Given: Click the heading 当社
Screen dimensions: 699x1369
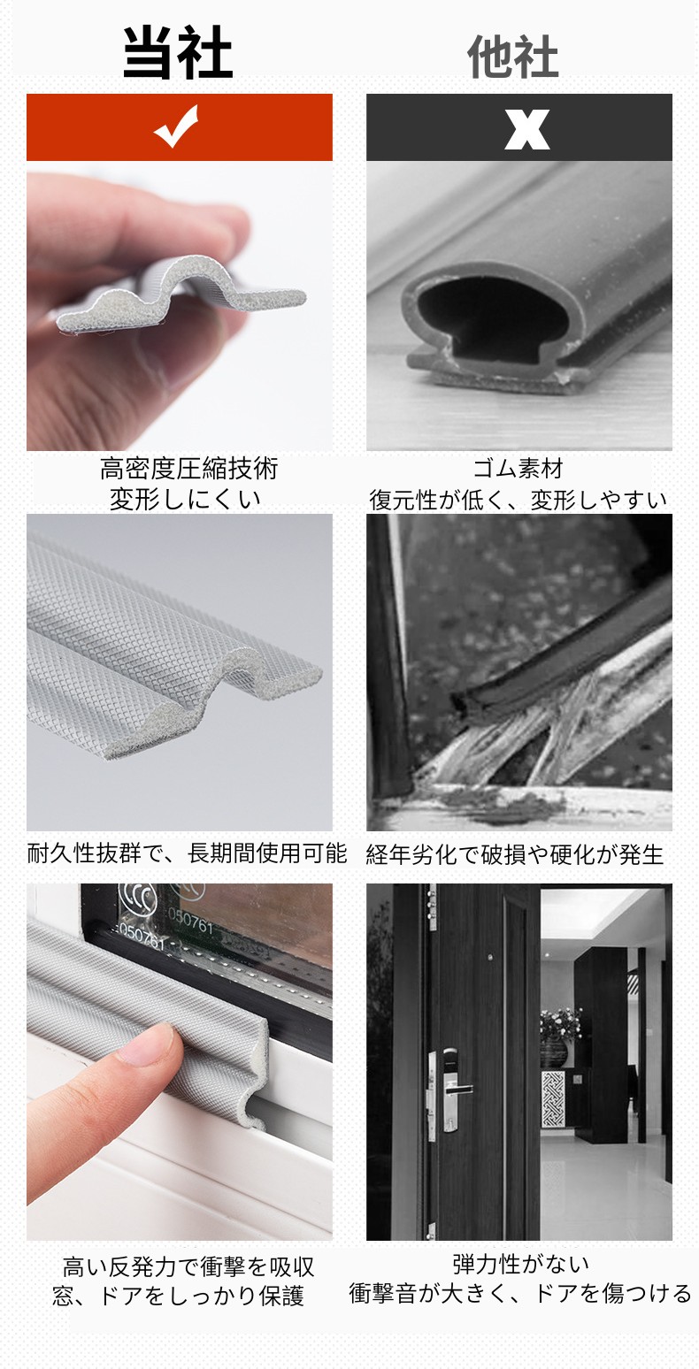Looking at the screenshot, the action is (177, 53).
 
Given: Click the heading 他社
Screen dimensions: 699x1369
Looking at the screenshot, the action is (512, 57).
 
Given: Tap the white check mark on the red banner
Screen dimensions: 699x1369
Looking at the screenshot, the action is (176, 126).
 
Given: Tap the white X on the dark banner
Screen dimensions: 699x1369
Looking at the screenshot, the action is (526, 129).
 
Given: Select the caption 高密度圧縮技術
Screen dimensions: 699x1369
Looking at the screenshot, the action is (189, 469).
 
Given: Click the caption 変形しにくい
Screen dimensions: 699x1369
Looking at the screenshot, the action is (185, 500).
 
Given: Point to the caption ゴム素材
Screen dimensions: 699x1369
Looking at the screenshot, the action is (518, 469).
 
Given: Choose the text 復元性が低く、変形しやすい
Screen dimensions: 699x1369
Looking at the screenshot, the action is (518, 500).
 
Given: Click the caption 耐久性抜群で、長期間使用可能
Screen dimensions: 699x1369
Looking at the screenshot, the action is (187, 853).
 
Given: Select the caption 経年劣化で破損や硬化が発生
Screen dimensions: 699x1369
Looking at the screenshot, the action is (515, 854).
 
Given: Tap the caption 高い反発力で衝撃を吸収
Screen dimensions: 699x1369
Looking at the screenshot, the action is (188, 1267).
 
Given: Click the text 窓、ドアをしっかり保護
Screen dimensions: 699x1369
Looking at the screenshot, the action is (179, 1296).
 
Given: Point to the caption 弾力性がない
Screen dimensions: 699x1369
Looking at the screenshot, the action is (521, 1264).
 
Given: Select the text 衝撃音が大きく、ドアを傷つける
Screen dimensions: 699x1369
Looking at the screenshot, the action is (519, 1293).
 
